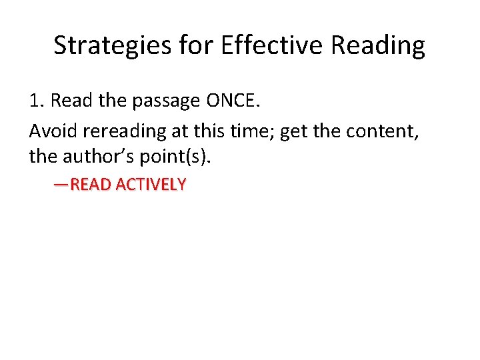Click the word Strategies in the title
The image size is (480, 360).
(113, 46)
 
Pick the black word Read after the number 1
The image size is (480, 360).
(70, 101)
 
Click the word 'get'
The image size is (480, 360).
(294, 132)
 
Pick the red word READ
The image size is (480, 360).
(91, 185)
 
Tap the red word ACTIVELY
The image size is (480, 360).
(151, 185)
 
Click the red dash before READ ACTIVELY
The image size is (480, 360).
(61, 185)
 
